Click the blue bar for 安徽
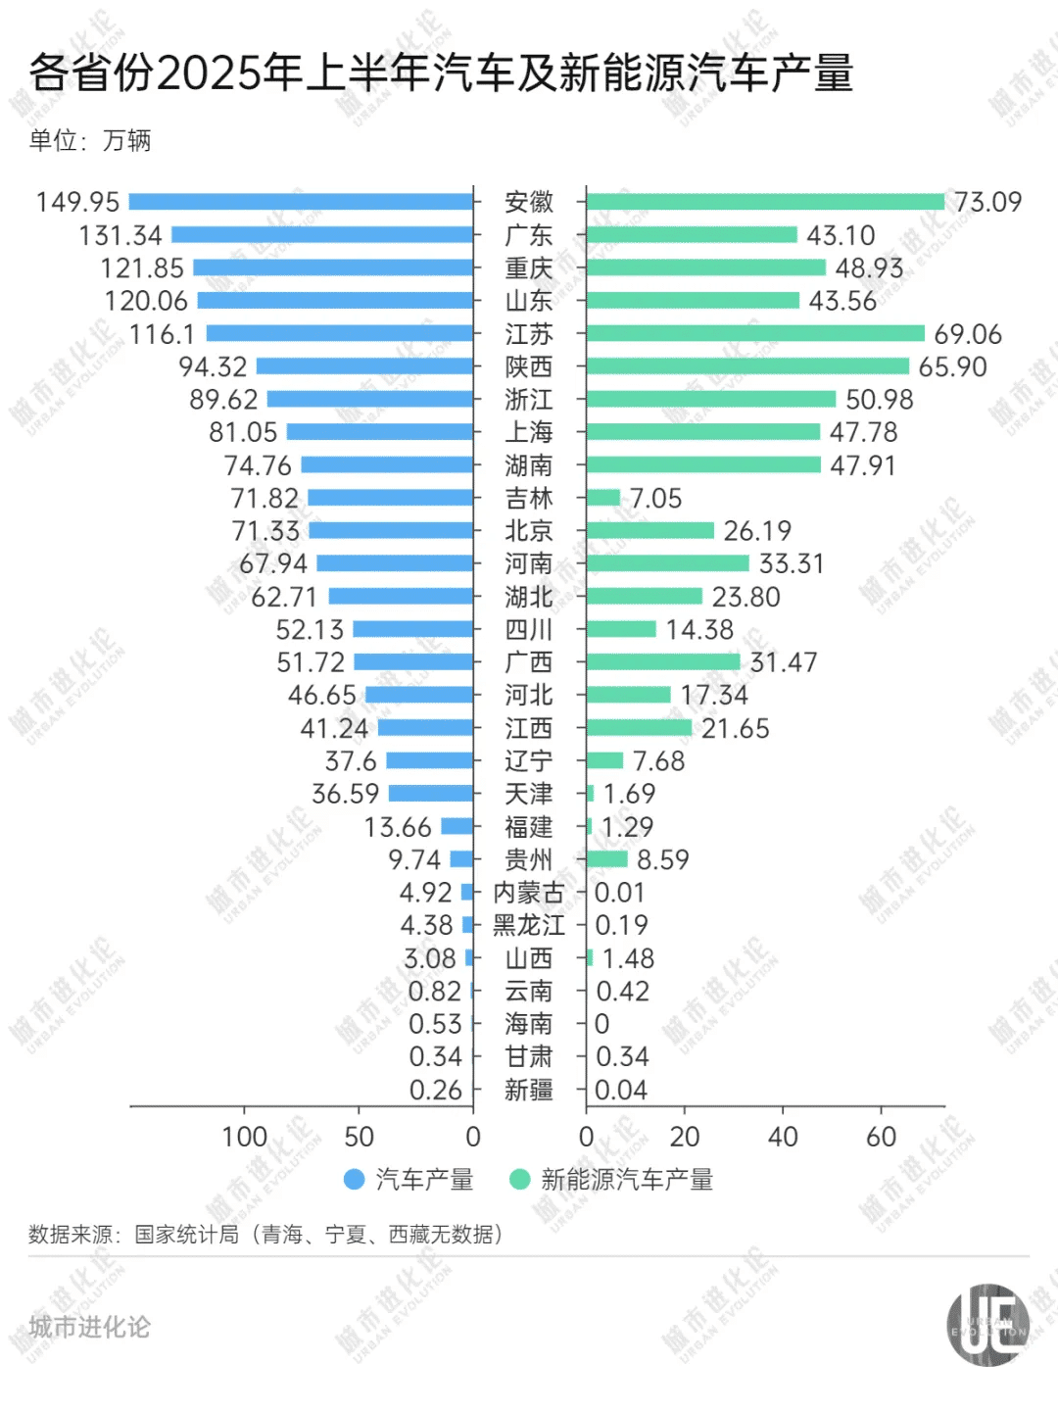pyautogui.click(x=301, y=202)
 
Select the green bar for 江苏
pyautogui.click(x=755, y=333)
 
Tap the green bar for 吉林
pyautogui.click(x=603, y=498)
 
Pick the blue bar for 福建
pyautogui.click(x=457, y=826)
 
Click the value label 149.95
pyautogui.click(x=77, y=202)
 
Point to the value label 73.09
pyautogui.click(x=987, y=202)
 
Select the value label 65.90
pyautogui.click(x=952, y=366)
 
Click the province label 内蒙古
pyautogui.click(x=529, y=893)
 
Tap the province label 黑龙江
pyautogui.click(x=529, y=925)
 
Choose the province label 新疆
pyautogui.click(x=529, y=1090)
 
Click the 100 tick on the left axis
pyautogui.click(x=244, y=1137)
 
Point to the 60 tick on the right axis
pyautogui.click(x=881, y=1137)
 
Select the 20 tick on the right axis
pyautogui.click(x=684, y=1137)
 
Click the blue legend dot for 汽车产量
pyautogui.click(x=355, y=1180)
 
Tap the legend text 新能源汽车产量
pyautogui.click(x=627, y=1180)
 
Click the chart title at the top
pyautogui.click(x=441, y=73)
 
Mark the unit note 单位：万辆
pyautogui.click(x=90, y=140)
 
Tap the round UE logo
pyautogui.click(x=987, y=1325)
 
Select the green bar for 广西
pyautogui.click(x=663, y=662)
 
